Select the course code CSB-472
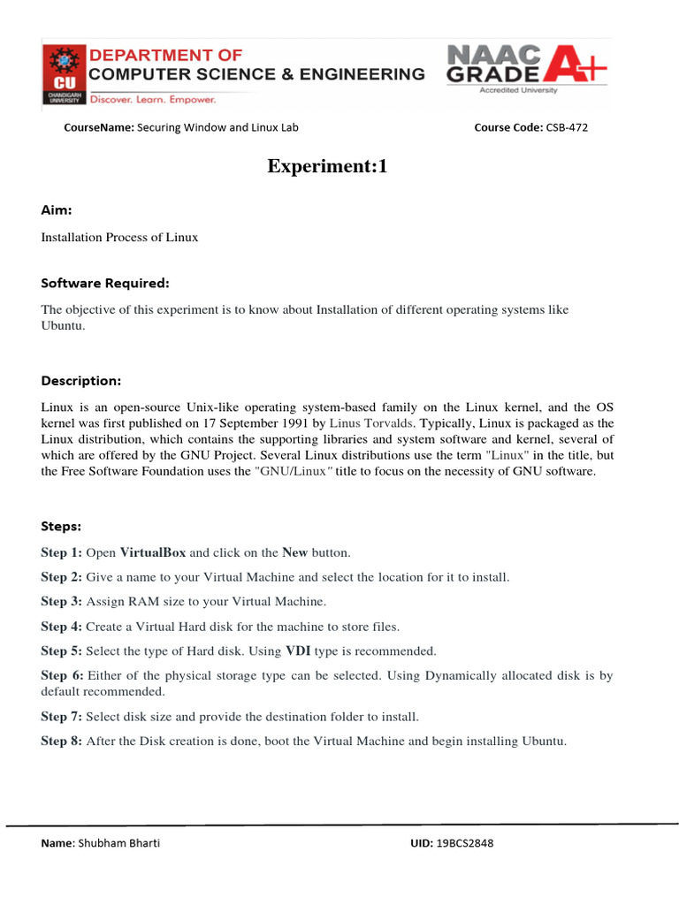coord(566,127)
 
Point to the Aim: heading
coord(57,209)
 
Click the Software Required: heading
coord(104,284)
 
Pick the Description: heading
coord(80,381)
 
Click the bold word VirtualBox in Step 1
coord(153,552)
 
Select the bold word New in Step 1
coord(294,552)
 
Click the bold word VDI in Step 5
coord(297,651)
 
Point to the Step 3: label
coord(62,602)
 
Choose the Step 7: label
coord(62,717)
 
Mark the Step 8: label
coord(62,741)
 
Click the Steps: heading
coord(61,526)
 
